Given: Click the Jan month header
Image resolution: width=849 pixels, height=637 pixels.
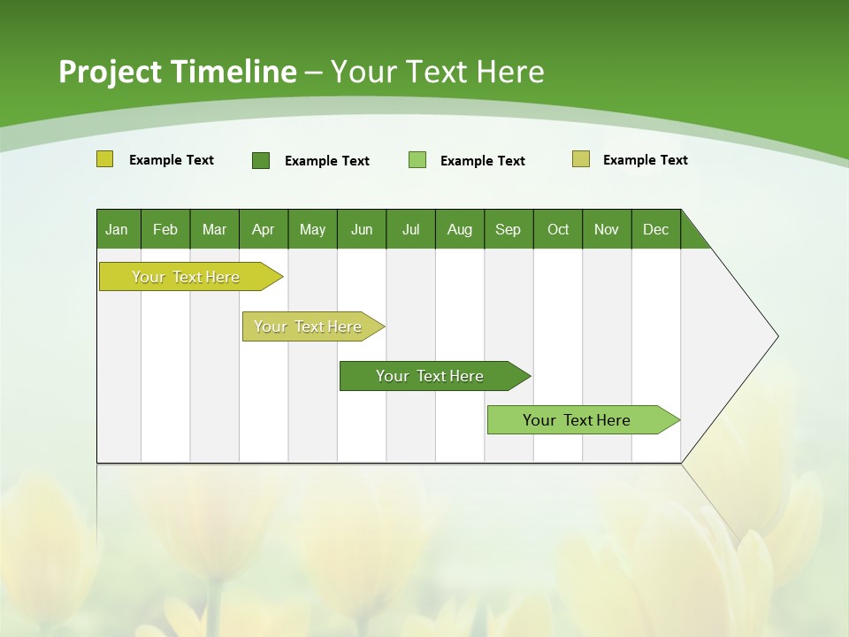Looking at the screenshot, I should pyautogui.click(x=118, y=229).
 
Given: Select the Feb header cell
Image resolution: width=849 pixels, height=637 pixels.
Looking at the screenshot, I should pyautogui.click(x=165, y=229).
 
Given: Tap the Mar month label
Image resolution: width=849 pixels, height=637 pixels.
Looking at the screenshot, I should pyautogui.click(x=214, y=229).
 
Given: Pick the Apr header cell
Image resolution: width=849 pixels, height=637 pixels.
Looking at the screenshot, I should pyautogui.click(x=264, y=229).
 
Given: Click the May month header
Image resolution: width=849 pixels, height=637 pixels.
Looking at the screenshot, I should pyautogui.click(x=312, y=229).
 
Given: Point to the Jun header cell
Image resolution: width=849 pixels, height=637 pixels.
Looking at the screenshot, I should pyautogui.click(x=362, y=229).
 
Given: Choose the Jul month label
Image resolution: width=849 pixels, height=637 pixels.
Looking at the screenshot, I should pyautogui.click(x=410, y=229).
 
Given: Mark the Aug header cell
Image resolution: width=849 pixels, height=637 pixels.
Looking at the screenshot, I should pyautogui.click(x=460, y=229).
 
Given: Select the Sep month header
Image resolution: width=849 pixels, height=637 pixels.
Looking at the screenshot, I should pyautogui.click(x=509, y=229).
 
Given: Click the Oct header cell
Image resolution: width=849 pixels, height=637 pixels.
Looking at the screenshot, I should pyautogui.click(x=558, y=229).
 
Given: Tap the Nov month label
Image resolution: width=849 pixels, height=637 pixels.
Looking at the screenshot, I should pyautogui.click(x=607, y=229).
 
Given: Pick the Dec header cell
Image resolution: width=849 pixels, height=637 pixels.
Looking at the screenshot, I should pyautogui.click(x=656, y=229).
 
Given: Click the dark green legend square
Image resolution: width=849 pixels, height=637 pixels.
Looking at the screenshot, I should pyautogui.click(x=261, y=160).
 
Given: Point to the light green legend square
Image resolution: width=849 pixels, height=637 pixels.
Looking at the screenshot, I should pyautogui.click(x=417, y=160).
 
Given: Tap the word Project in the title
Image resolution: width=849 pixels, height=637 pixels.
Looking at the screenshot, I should pyautogui.click(x=110, y=72).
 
